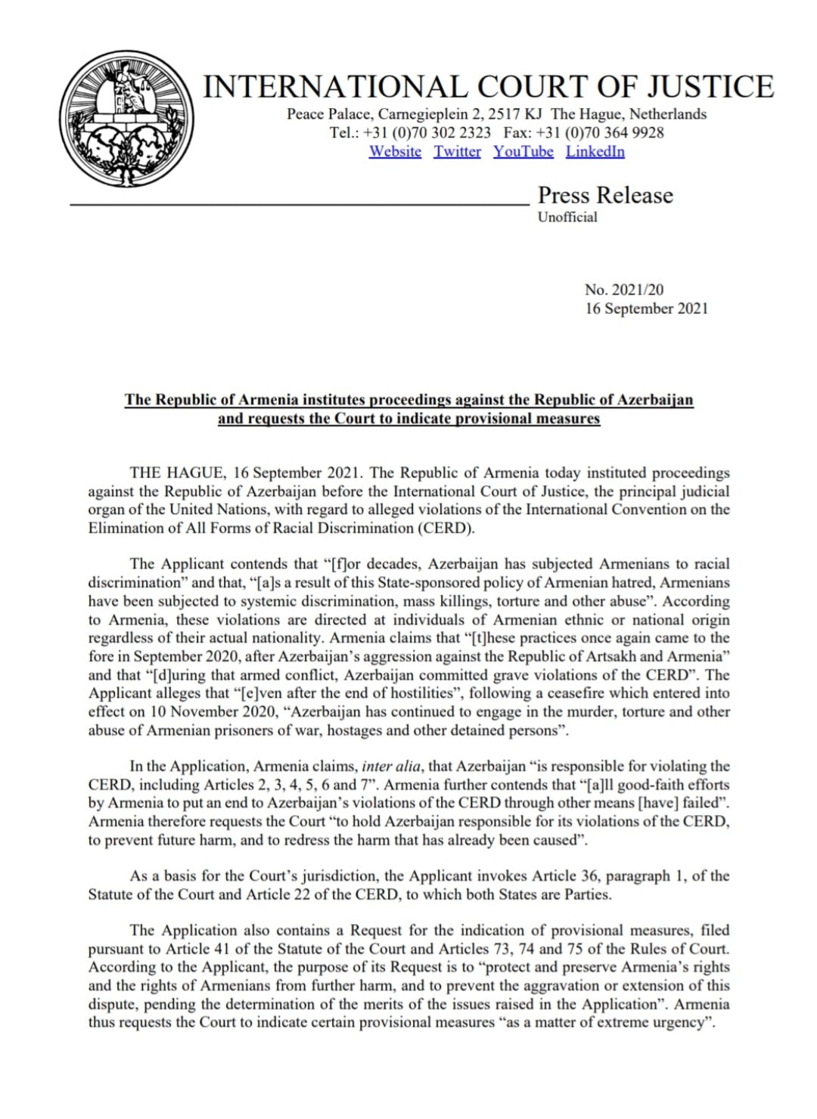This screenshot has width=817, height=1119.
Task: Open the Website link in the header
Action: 395,151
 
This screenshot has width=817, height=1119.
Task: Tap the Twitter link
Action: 457,151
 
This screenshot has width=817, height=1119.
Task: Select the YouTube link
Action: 523,151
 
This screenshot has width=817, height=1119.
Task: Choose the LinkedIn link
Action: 595,151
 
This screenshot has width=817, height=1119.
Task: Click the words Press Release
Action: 605,195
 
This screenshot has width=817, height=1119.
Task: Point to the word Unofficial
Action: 567,217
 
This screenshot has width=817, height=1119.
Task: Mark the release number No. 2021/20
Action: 624,290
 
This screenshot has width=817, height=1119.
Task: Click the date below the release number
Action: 646,308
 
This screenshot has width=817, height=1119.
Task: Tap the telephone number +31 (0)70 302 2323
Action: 427,132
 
